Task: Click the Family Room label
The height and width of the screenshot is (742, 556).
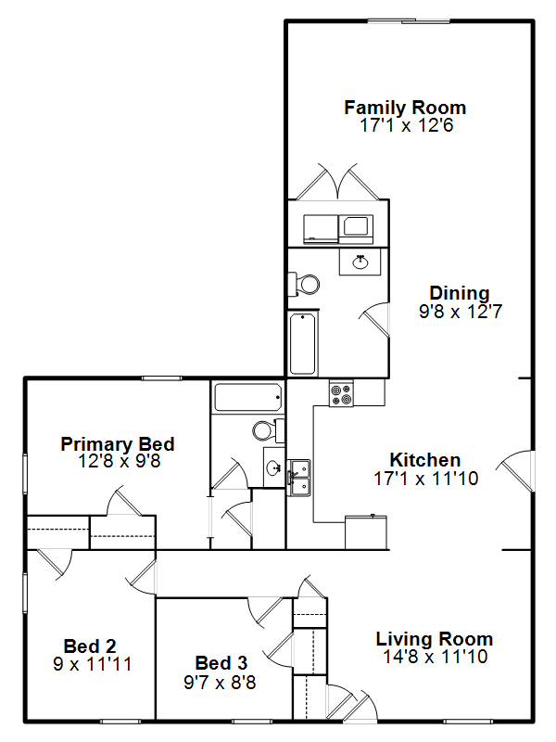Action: click(405, 108)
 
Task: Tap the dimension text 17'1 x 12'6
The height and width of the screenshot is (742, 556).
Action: click(407, 125)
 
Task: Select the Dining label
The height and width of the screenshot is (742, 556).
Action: click(459, 293)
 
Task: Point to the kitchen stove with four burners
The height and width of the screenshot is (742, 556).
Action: click(341, 393)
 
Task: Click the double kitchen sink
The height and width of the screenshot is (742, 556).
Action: click(299, 478)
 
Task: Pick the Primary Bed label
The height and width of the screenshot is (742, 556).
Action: click(118, 444)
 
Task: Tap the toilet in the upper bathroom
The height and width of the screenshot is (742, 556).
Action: click(304, 285)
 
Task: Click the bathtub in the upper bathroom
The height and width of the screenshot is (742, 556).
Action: click(303, 343)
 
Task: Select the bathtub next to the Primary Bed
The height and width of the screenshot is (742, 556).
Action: click(248, 397)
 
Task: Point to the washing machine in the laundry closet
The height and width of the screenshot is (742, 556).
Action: click(321, 229)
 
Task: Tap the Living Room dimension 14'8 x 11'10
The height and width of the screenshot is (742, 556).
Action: click(435, 657)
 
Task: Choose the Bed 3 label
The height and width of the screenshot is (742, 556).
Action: click(221, 663)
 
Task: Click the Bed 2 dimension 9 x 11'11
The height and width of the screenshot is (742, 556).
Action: click(92, 664)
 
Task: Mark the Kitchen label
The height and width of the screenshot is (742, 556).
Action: click(425, 460)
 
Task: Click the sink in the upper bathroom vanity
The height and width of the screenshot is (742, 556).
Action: click(360, 262)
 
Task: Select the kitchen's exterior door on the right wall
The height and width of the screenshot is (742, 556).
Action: click(516, 472)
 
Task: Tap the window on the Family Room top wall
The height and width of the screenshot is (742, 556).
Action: click(409, 20)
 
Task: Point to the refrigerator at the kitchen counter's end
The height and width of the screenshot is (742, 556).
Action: click(366, 532)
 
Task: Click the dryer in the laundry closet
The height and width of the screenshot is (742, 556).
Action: click(356, 229)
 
